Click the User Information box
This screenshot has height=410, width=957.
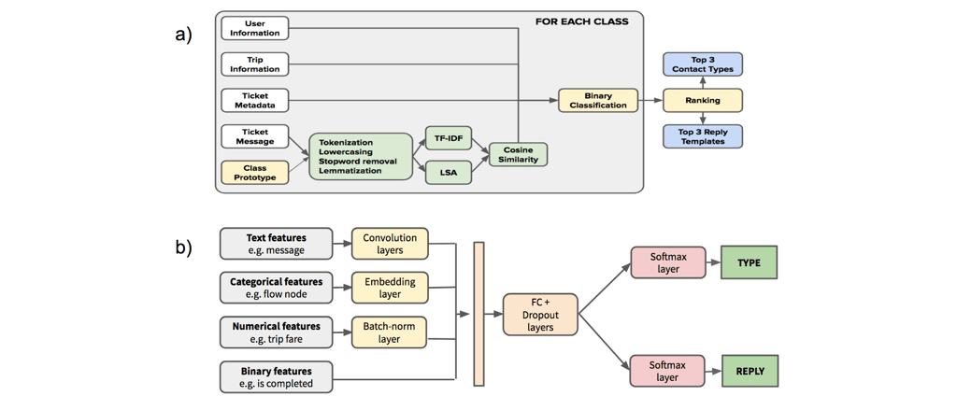(x=254, y=28)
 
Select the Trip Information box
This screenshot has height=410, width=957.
(x=254, y=64)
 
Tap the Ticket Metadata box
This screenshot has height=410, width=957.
(x=254, y=100)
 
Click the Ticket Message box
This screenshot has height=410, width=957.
(x=254, y=136)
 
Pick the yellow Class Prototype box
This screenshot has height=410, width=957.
(x=254, y=173)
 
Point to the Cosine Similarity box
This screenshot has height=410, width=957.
(x=517, y=154)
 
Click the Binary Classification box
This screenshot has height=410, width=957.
(x=598, y=100)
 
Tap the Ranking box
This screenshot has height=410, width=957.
(x=703, y=100)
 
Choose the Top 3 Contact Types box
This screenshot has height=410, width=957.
(x=703, y=64)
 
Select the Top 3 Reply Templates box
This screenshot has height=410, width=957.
(x=703, y=136)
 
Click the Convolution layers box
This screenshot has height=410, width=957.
(x=389, y=243)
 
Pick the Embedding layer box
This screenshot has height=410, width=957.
(x=389, y=287)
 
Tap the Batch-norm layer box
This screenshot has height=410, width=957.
(x=389, y=332)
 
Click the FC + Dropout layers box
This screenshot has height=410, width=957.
(x=540, y=314)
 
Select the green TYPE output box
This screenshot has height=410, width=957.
(x=749, y=263)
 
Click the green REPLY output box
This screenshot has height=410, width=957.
(x=749, y=371)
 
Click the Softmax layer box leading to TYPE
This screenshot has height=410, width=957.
(x=667, y=263)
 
